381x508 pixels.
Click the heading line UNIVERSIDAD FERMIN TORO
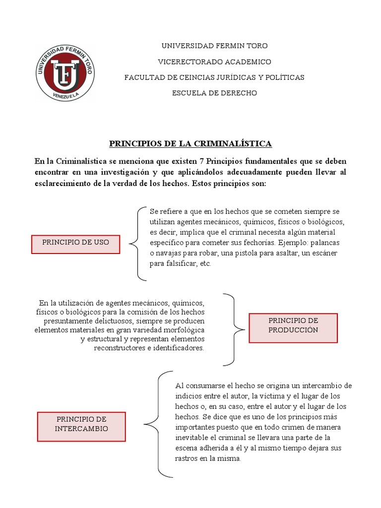[214, 46]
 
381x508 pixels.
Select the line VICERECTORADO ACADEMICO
[214, 62]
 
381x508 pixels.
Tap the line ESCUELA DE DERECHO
[214, 93]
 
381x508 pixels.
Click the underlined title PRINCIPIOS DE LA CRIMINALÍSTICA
[190, 144]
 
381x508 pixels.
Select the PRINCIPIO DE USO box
[75, 244]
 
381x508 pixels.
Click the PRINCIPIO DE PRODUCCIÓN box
[293, 328]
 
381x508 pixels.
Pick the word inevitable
[193, 437]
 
